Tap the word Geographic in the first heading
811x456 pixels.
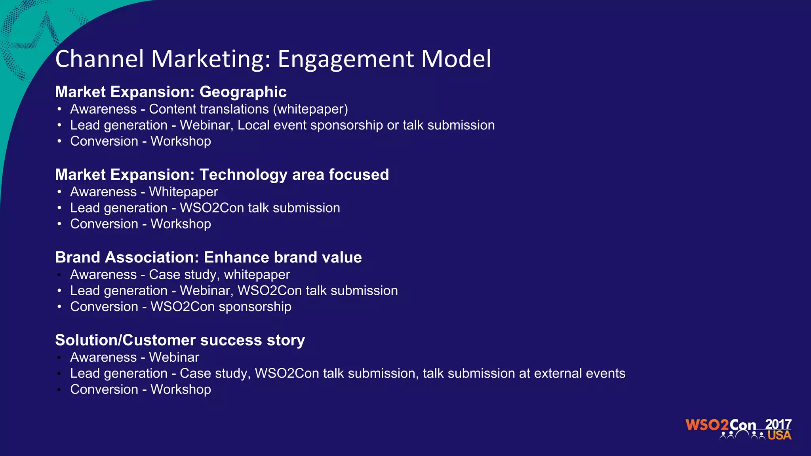243,92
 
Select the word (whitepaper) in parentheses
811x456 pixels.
312,109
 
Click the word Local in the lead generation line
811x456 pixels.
253,125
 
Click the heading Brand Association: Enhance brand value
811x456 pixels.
208,257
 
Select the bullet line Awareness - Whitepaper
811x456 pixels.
144,192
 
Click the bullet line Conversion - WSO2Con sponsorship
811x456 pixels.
181,307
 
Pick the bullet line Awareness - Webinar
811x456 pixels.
135,357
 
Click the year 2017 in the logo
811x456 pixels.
778,424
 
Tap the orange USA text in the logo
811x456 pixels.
779,435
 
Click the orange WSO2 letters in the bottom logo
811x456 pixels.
707,425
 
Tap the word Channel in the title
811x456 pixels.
99,59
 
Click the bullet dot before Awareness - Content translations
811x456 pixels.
59,109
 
